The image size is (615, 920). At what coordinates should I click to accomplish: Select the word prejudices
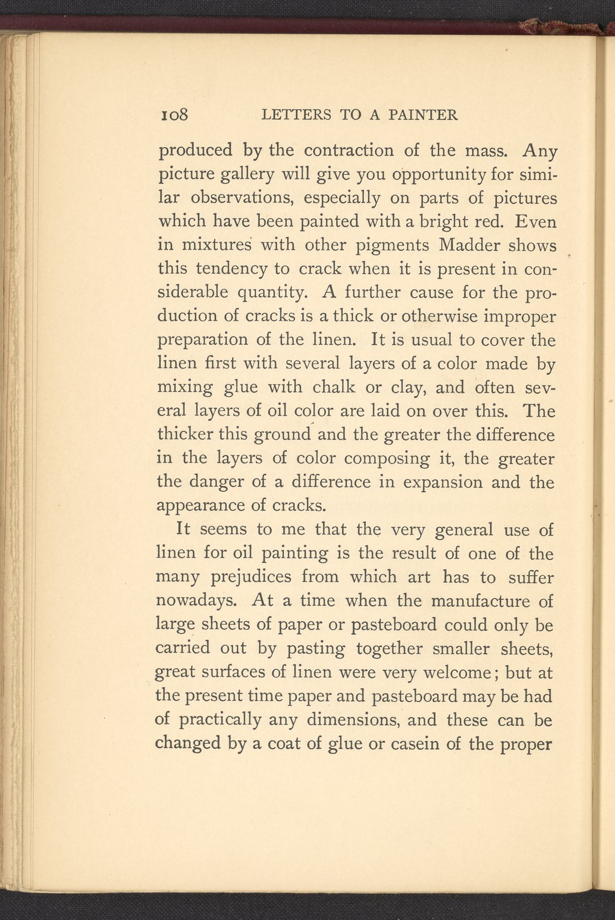tap(251, 577)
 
